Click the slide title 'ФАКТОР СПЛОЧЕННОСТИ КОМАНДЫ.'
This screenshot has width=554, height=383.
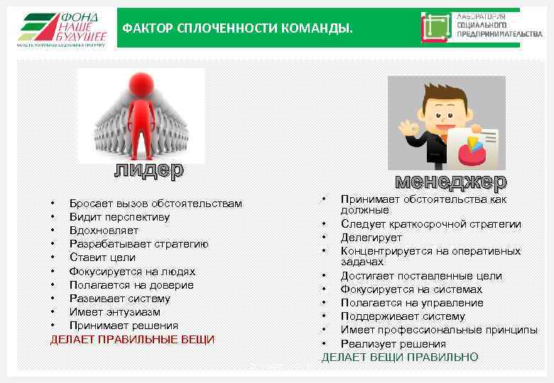click(237, 29)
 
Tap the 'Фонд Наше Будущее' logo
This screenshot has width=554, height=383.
click(62, 29)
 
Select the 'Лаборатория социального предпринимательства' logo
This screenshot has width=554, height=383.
click(470, 28)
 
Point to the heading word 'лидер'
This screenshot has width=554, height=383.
click(149, 170)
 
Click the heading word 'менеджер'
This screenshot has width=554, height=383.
click(450, 182)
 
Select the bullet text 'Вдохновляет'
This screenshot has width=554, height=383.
click(104, 231)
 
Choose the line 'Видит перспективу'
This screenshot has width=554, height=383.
click(119, 217)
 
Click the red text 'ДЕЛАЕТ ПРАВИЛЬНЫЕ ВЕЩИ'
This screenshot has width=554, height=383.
click(132, 340)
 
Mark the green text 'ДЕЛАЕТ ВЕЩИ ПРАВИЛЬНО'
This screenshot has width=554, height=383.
click(400, 357)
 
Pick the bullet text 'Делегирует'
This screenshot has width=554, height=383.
click(371, 238)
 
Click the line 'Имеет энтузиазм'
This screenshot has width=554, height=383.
click(114, 312)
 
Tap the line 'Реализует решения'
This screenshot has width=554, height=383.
click(393, 344)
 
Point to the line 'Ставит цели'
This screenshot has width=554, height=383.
click(102, 257)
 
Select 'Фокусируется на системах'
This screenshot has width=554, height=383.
click(411, 289)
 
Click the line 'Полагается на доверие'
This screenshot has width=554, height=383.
click(131, 285)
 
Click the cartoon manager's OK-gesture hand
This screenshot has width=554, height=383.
click(407, 130)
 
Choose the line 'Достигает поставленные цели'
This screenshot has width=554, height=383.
click(420, 276)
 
